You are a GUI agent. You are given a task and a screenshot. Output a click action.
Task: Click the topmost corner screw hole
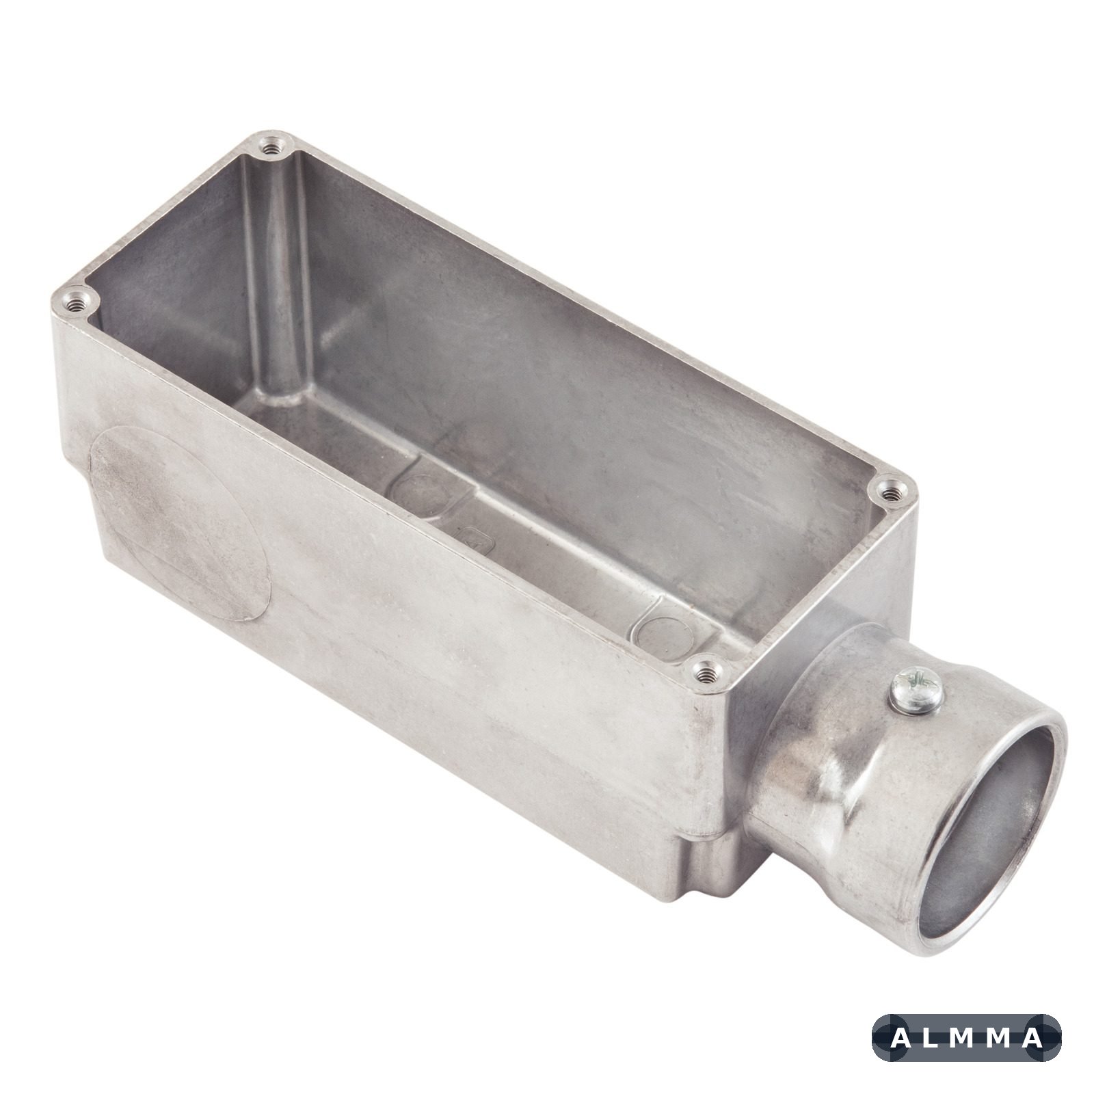pyautogui.click(x=274, y=145)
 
